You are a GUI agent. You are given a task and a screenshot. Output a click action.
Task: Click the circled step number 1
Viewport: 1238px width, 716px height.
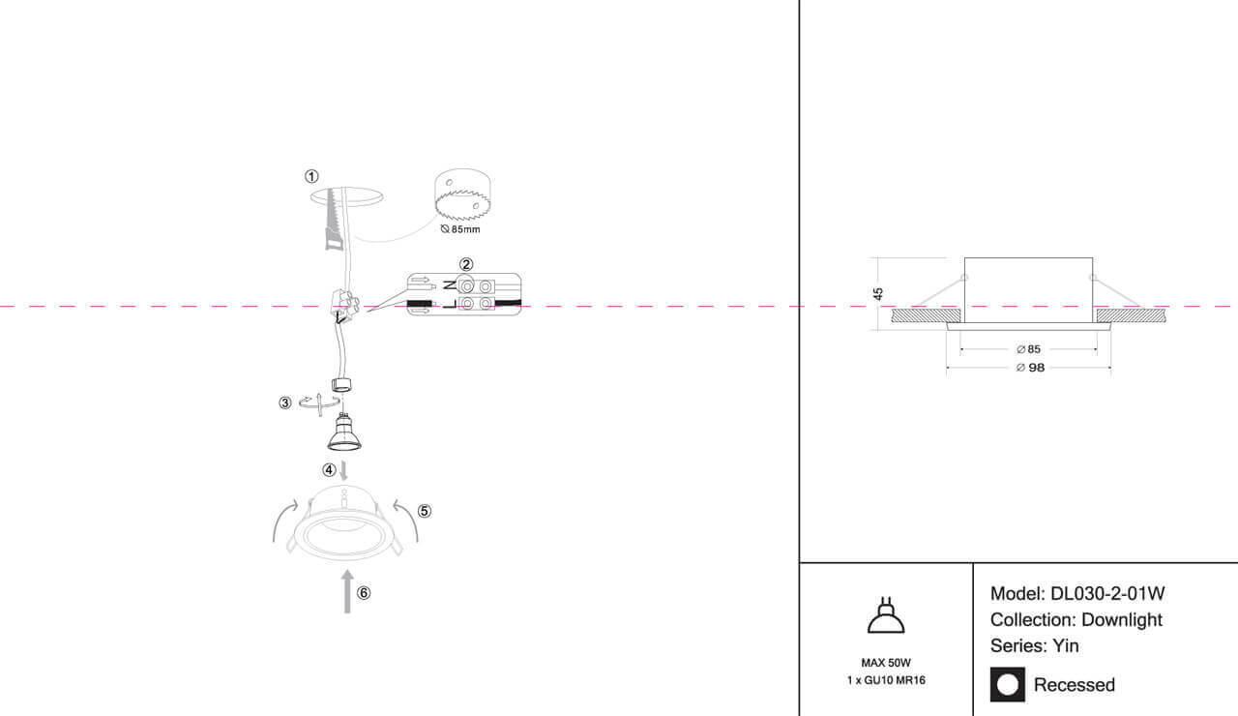(x=311, y=176)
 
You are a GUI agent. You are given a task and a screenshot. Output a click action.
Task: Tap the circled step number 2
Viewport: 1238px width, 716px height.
(x=466, y=264)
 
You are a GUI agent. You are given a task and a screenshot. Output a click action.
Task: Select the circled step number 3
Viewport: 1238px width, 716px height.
(x=284, y=403)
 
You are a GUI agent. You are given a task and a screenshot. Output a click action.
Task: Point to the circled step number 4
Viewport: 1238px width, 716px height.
(x=329, y=470)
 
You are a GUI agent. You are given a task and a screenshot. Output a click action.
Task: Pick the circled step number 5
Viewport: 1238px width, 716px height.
(x=424, y=511)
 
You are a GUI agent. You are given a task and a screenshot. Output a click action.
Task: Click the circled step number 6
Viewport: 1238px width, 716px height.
(x=363, y=593)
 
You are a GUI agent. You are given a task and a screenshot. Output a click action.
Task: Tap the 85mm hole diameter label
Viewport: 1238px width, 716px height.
(x=460, y=229)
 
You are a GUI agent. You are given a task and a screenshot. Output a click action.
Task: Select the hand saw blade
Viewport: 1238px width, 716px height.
(x=334, y=220)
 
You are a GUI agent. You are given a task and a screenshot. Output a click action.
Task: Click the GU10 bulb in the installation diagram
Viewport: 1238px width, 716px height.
(x=343, y=433)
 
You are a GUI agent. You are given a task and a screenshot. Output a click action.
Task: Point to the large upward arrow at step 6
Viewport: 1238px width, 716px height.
(x=347, y=591)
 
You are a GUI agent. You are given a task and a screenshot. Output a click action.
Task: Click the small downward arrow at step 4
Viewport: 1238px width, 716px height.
(x=343, y=470)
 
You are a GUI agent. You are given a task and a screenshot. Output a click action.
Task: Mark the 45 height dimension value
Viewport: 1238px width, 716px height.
(x=877, y=293)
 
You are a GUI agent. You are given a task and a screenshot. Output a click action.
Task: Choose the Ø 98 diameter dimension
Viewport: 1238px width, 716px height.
(x=1030, y=368)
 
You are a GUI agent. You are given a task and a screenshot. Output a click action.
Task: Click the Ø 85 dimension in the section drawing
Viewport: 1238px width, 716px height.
(x=1028, y=349)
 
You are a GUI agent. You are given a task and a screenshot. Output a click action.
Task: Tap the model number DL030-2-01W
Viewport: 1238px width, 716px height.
(x=1107, y=594)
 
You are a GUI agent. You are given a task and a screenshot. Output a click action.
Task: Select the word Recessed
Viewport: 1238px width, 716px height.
(x=1074, y=685)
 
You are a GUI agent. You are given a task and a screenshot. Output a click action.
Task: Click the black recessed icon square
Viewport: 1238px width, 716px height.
(x=1007, y=684)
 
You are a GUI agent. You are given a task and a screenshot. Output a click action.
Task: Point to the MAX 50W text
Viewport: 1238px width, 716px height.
(x=886, y=663)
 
